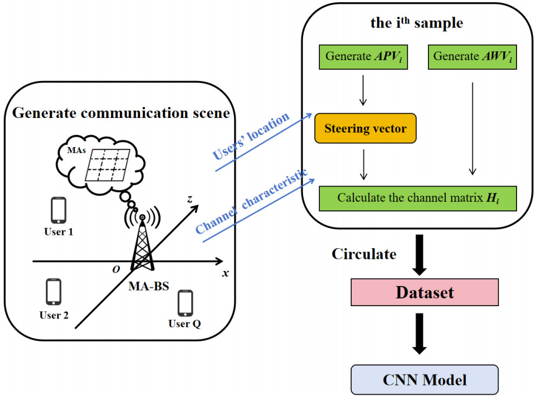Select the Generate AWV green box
pyautogui.click(x=472, y=56)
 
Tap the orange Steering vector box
pyautogui.click(x=365, y=128)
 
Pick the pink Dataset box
pyautogui.click(x=424, y=293)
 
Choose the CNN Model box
pyautogui.click(x=424, y=379)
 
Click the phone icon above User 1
pyautogui.click(x=58, y=210)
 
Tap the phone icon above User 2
pyautogui.click(x=53, y=292)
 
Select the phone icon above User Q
pyautogui.click(x=185, y=303)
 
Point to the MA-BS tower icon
pyautogui.click(x=142, y=243)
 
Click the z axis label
pyautogui.click(x=190, y=199)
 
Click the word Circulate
pyautogui.click(x=364, y=254)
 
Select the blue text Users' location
pyautogui.click(x=251, y=137)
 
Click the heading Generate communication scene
pyautogui.click(x=121, y=114)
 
